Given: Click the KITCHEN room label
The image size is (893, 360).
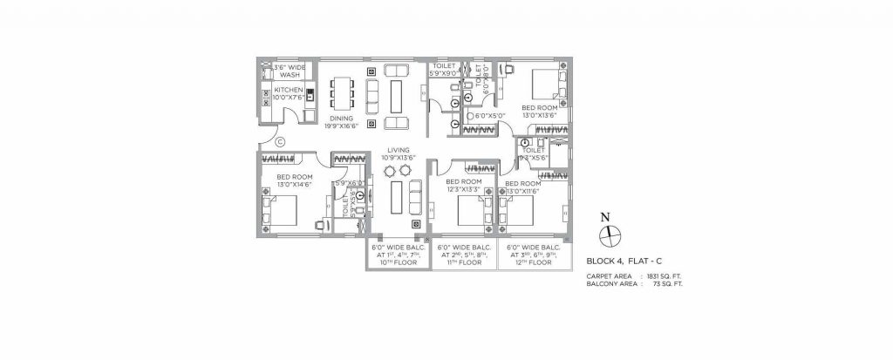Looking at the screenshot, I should coord(288,90).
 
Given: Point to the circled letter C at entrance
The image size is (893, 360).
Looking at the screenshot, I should coord(280,142).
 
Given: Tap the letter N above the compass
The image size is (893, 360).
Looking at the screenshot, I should coord(609,215).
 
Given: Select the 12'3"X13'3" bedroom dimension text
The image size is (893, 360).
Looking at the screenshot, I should coord(464,191).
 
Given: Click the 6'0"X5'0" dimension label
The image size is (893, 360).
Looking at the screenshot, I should coord(481,115).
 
